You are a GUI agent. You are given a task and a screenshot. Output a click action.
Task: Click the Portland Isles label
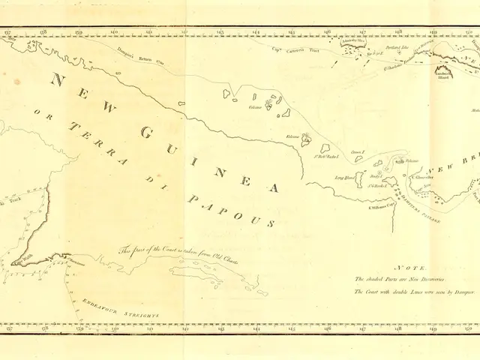389,46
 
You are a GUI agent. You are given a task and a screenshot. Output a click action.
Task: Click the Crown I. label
358,151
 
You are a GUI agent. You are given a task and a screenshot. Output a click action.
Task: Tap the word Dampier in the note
439,289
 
